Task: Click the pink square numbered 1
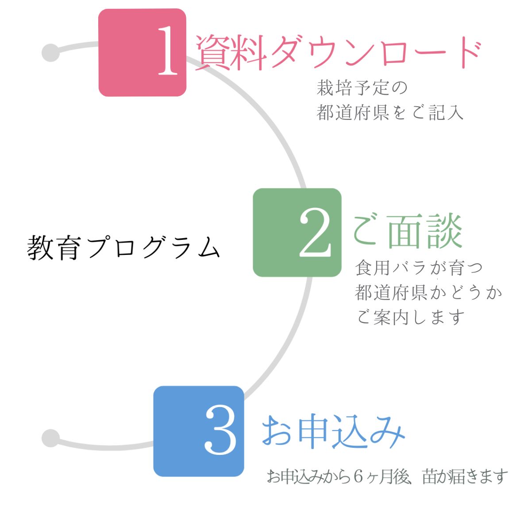click(x=142, y=53)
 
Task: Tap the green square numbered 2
click(x=297, y=233)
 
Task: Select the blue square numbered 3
click(x=199, y=431)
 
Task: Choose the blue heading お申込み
click(x=333, y=431)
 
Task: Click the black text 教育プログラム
click(x=123, y=247)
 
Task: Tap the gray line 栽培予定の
click(x=362, y=88)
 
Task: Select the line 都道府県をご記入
click(x=390, y=113)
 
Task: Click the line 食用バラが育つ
click(x=419, y=268)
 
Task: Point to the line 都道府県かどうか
click(x=428, y=292)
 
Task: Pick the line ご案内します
click(x=410, y=317)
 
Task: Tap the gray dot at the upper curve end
click(x=51, y=53)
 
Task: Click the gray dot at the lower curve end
click(x=51, y=438)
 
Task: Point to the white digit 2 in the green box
click(x=315, y=233)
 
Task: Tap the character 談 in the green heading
click(x=444, y=231)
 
